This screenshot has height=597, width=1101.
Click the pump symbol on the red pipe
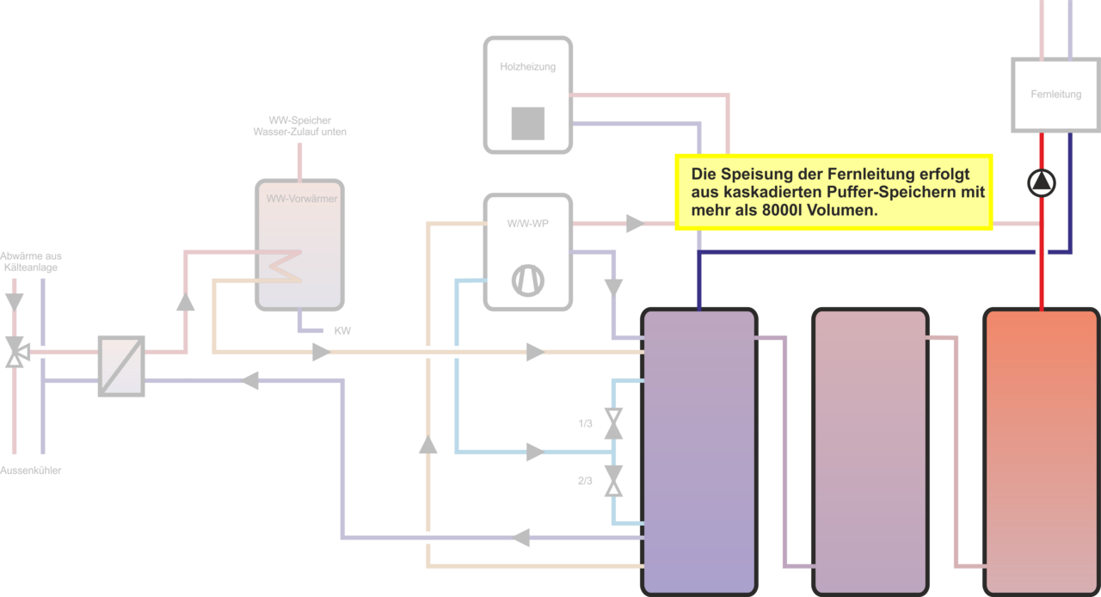point(1041,182)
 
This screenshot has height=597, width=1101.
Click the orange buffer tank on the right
point(1041,452)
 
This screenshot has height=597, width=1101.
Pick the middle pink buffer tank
point(870,452)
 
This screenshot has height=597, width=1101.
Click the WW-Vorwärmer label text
point(301,198)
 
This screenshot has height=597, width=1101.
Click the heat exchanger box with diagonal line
point(121,366)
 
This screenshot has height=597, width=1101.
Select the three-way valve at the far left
point(15,352)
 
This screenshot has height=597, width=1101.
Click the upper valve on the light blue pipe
point(612,423)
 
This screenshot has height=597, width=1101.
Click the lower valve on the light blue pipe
point(612,481)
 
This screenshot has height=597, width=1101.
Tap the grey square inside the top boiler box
point(527,123)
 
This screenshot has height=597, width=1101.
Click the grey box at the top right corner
point(1055,95)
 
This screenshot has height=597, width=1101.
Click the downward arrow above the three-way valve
point(15,301)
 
